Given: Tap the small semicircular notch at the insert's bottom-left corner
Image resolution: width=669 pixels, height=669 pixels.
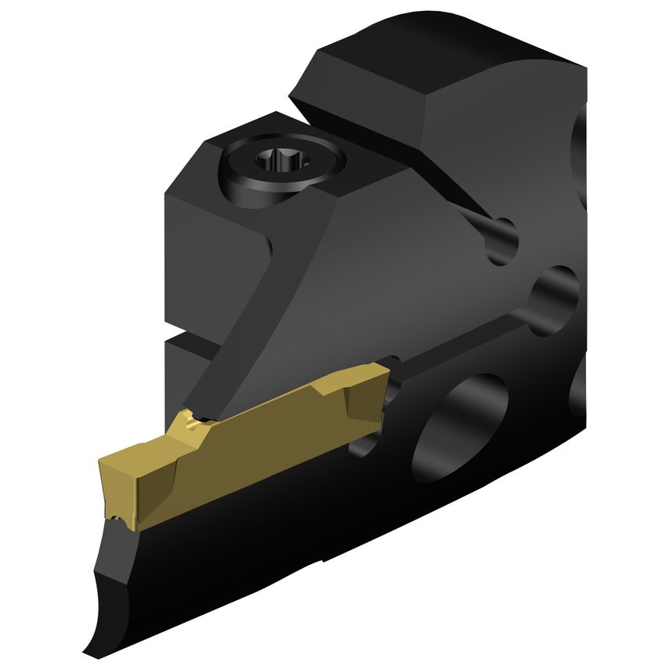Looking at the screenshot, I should [x=118, y=519].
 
